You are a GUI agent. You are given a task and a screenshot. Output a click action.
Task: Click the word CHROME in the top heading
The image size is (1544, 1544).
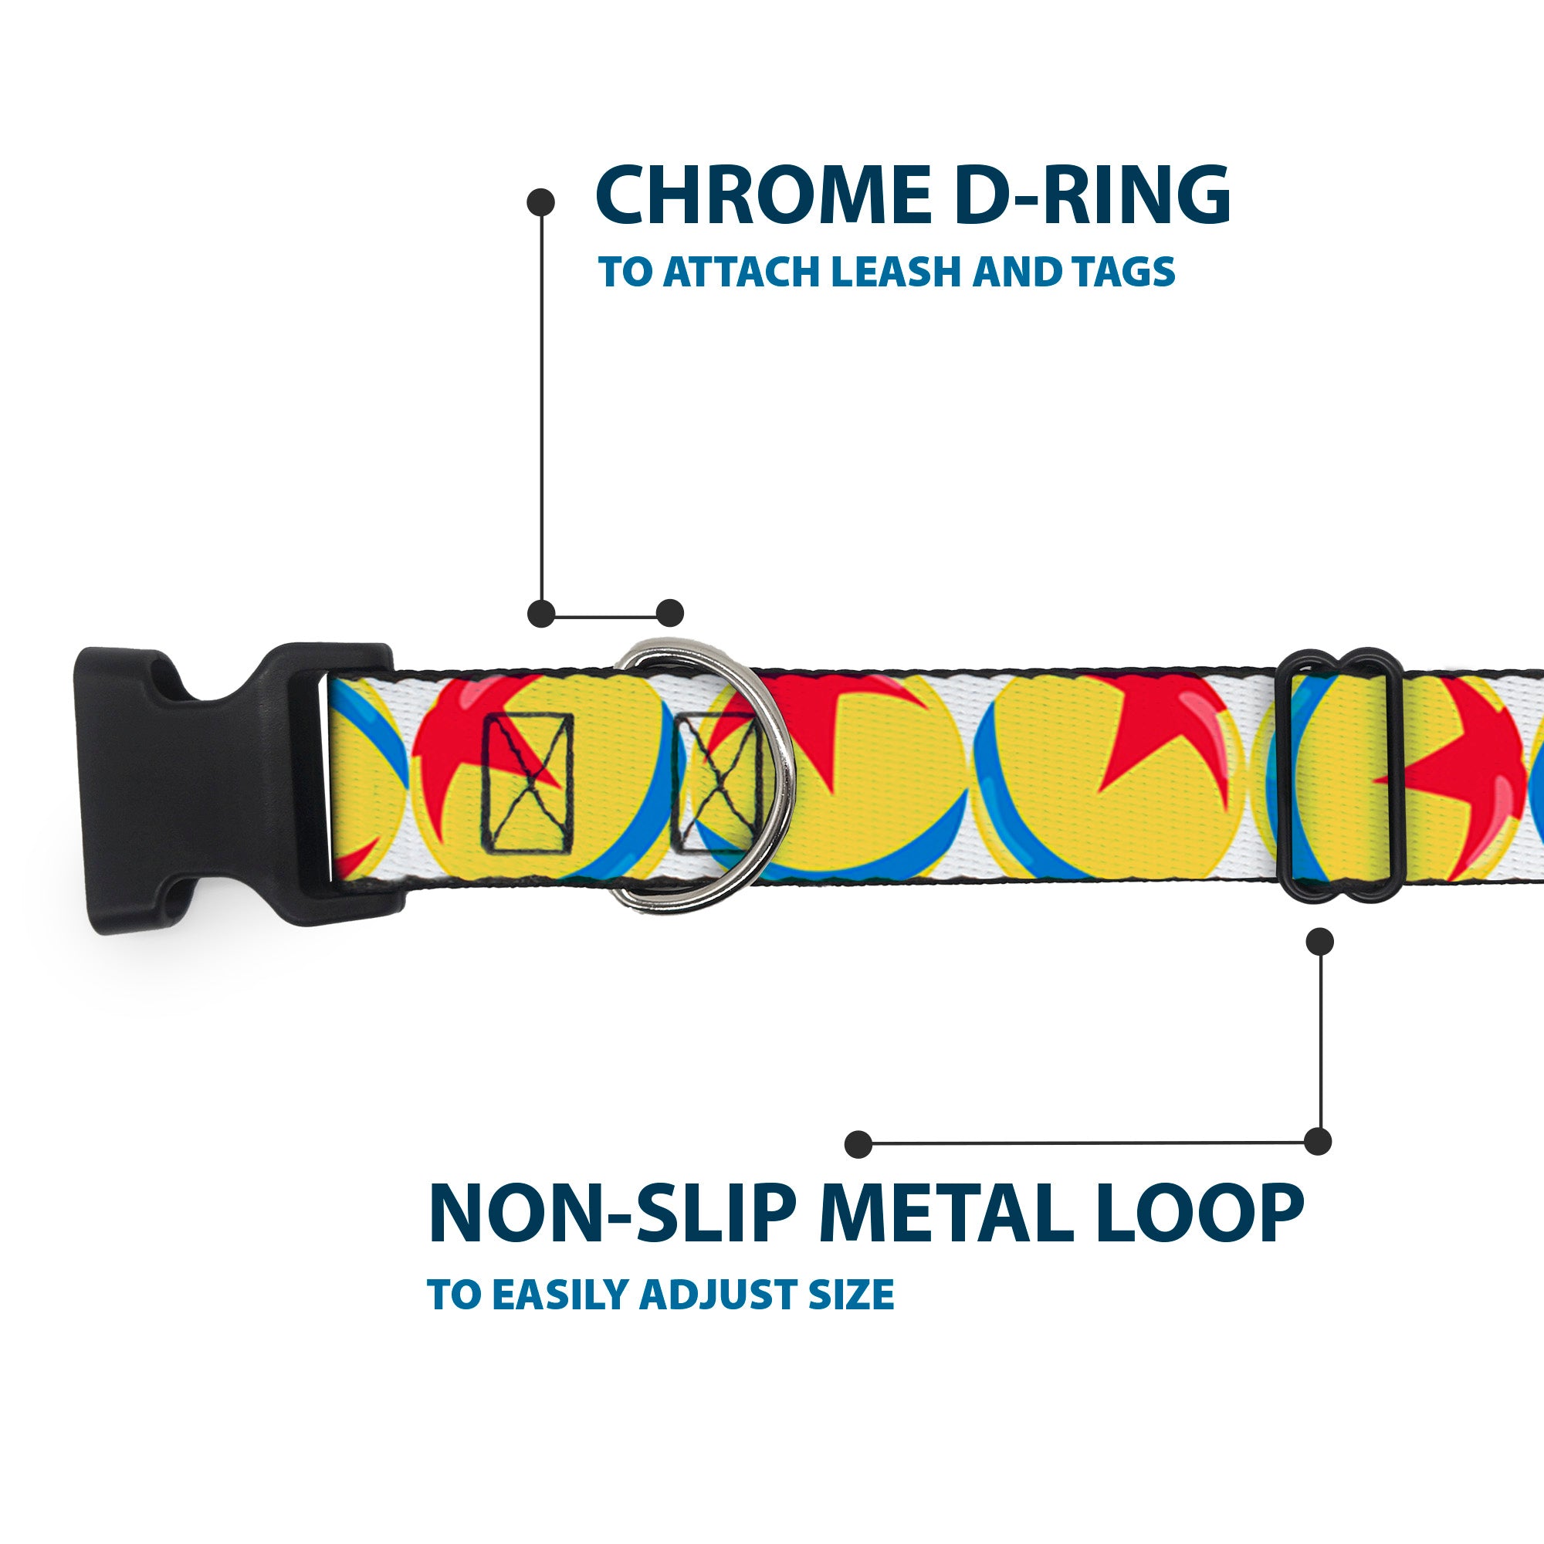point(764,195)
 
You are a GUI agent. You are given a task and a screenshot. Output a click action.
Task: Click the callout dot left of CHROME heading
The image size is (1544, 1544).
point(541,201)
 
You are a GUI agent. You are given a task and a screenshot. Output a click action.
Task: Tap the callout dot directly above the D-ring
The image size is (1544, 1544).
point(669,613)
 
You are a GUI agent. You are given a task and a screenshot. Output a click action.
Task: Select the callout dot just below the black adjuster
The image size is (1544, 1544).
point(1319,941)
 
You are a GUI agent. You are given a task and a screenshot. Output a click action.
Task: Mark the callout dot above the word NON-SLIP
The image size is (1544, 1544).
point(858,1143)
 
